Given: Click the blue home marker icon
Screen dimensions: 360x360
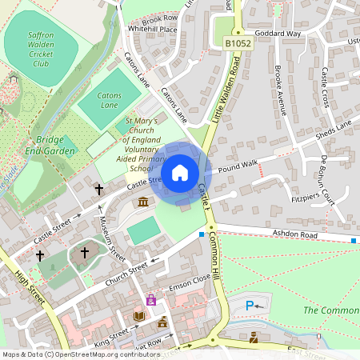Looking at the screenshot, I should pyautogui.click(x=180, y=173).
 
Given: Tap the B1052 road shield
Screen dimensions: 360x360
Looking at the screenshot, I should pyautogui.click(x=238, y=42).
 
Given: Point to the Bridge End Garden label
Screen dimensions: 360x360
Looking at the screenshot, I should pyautogui.click(x=50, y=145).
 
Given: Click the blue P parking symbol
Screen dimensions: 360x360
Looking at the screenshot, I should pyautogui.click(x=250, y=305).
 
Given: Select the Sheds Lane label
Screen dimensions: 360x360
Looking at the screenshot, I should pyautogui.click(x=334, y=129).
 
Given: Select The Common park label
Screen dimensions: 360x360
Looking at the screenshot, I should pyautogui.click(x=332, y=310).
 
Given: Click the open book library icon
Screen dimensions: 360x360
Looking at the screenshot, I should pyautogui.click(x=140, y=317).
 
